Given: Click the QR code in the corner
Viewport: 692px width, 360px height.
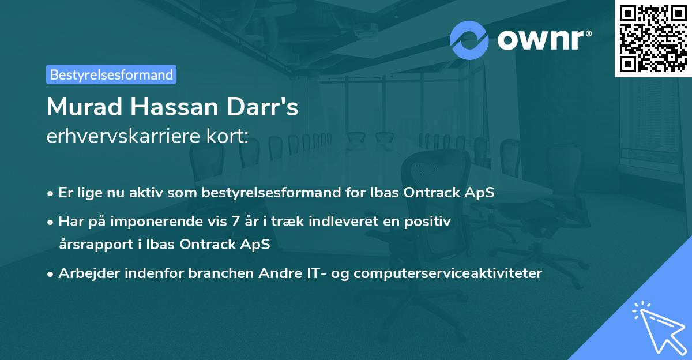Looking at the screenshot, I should (653, 39).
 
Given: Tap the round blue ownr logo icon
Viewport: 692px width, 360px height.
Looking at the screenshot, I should (469, 40).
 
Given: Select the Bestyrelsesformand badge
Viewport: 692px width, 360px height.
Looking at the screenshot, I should (111, 74).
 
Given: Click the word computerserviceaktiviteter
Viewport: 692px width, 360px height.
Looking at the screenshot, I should (448, 273).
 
